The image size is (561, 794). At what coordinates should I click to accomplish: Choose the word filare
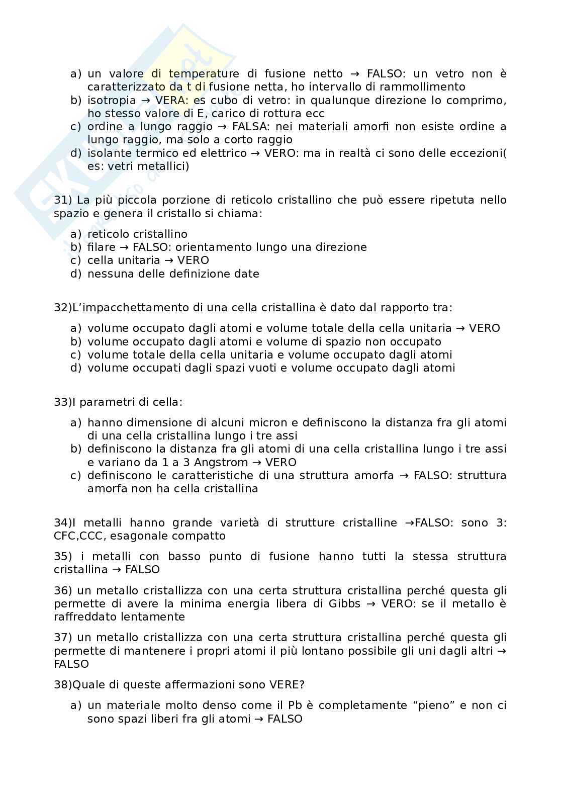101,247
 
